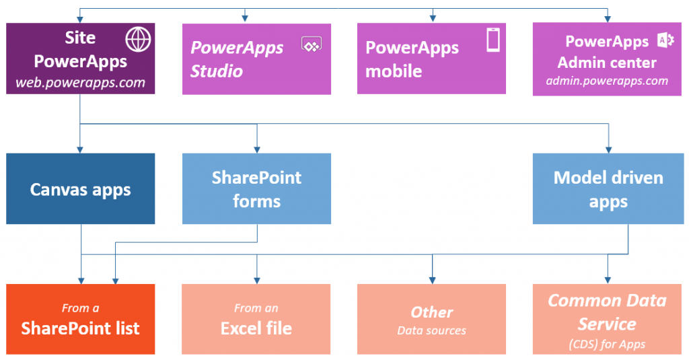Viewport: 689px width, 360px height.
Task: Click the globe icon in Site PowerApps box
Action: click(139, 40)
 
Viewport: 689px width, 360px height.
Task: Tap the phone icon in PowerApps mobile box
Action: click(493, 40)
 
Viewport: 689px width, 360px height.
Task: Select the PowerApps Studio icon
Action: click(312, 44)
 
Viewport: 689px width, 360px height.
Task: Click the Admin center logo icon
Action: click(665, 41)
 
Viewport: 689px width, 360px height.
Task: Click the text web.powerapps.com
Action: click(81, 83)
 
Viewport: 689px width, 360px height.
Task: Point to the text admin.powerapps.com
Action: click(607, 81)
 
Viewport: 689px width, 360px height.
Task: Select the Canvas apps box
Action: click(81, 189)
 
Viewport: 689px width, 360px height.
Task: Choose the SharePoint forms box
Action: click(256, 189)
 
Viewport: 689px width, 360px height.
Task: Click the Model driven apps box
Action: click(608, 189)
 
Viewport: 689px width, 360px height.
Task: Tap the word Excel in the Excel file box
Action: click(238, 328)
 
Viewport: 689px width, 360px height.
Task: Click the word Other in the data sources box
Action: click(431, 312)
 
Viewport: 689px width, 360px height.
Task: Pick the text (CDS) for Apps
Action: click(607, 345)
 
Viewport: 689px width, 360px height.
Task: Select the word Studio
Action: click(217, 71)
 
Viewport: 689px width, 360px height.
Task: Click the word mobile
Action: click(394, 70)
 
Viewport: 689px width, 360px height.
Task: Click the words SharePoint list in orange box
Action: click(81, 328)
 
